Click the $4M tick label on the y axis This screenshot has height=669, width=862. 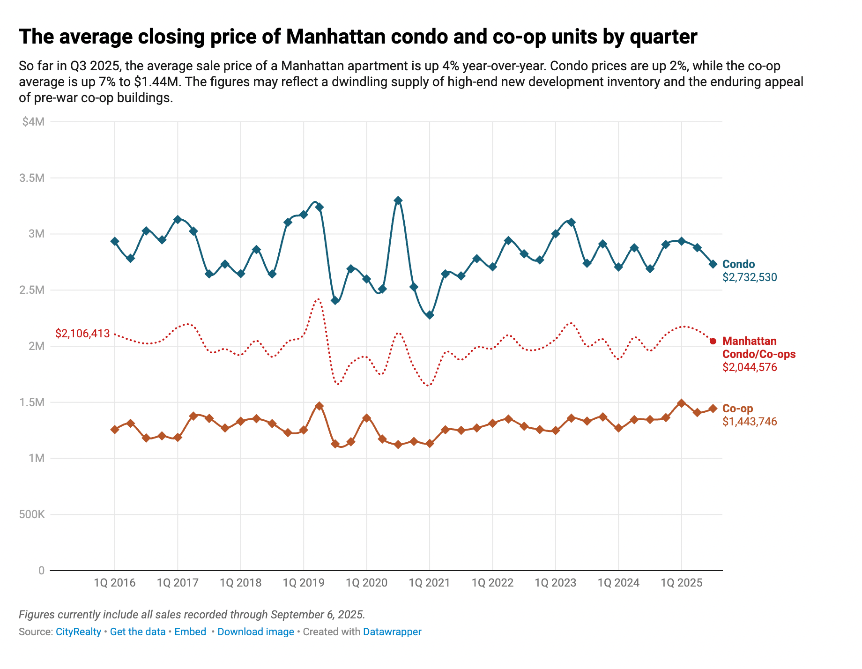(33, 122)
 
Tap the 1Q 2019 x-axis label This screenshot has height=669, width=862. (304, 583)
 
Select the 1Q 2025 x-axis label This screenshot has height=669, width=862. (682, 583)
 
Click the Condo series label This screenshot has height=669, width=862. (738, 264)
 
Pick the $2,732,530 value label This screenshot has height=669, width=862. (750, 277)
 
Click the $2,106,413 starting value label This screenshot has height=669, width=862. (82, 334)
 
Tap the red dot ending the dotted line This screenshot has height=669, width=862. (713, 341)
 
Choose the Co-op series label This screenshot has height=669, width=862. (737, 409)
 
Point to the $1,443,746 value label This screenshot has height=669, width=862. (750, 422)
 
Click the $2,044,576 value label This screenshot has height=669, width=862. (750, 367)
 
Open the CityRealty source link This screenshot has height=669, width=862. (78, 632)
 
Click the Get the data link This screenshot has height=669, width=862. (138, 632)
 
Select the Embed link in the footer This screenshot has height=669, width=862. (190, 632)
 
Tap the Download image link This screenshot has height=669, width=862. (256, 632)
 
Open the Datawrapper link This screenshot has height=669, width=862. (392, 632)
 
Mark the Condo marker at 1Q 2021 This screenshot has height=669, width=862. (430, 315)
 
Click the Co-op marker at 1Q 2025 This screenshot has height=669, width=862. (682, 403)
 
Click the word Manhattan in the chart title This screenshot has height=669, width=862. (335, 37)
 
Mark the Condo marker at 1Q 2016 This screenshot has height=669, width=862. (115, 241)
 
